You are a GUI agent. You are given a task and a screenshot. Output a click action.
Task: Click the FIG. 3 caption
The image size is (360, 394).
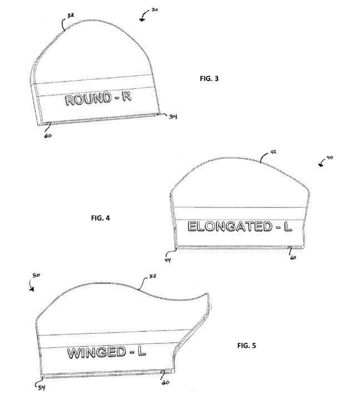click(209, 79)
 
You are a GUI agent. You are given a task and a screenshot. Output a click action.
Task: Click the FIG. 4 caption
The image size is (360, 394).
click(100, 218)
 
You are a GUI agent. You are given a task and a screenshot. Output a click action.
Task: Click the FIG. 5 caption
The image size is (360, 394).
click(246, 346)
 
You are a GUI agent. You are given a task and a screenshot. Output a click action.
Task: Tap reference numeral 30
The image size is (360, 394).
click(155, 10)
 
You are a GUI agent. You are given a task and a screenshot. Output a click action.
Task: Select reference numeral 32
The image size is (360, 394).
click(71, 16)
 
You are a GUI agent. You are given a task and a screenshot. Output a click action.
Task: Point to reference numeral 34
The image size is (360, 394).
click(173, 117)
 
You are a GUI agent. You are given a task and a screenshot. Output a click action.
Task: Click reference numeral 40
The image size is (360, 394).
click(330, 158)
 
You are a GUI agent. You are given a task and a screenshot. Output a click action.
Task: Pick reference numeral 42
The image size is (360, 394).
click(273, 152)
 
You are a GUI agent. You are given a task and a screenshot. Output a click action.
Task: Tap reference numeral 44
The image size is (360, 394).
click(167, 260)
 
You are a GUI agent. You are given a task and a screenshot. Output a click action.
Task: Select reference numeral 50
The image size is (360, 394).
click(36, 275)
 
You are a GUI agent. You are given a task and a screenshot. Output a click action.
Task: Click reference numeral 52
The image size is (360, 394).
click(152, 276)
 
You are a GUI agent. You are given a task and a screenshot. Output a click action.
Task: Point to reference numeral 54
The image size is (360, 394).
click(42, 388)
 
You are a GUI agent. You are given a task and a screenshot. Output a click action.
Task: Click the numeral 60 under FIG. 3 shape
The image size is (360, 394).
click(48, 136)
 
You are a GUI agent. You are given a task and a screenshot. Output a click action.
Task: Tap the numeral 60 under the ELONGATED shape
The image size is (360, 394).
click(293, 257)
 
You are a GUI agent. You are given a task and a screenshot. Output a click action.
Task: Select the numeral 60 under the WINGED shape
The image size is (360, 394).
click(166, 383)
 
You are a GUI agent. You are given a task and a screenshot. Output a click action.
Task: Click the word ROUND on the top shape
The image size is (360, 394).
click(88, 99)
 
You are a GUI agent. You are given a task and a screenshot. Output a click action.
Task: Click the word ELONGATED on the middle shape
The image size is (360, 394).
click(230, 226)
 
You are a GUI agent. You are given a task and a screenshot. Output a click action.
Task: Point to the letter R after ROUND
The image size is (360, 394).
click(127, 97)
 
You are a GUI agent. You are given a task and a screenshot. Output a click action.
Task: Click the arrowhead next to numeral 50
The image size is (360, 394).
click(32, 290)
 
